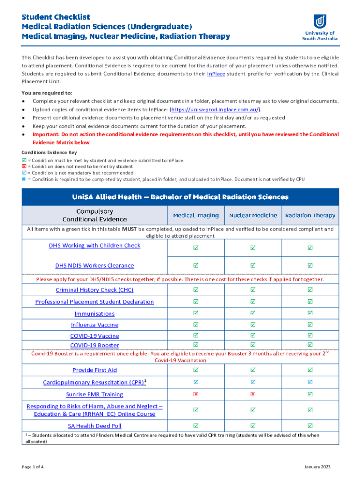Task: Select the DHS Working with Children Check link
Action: pos(94,246)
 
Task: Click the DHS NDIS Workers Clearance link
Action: pos(94,266)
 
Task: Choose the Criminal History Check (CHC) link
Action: pos(94,290)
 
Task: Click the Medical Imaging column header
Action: pos(196,216)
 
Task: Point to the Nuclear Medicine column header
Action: pos(253,216)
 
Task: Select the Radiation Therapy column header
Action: pos(310,216)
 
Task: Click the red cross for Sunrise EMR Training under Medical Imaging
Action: pos(196,394)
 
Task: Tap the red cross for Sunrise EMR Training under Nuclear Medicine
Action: pos(253,394)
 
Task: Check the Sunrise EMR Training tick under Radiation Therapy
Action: pos(310,394)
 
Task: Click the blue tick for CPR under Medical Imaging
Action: pos(196,382)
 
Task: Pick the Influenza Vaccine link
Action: pos(94,325)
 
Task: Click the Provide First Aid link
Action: pos(94,370)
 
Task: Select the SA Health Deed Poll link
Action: pos(94,426)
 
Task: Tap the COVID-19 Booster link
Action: pos(94,345)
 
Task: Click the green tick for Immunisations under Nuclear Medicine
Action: pos(253,313)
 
